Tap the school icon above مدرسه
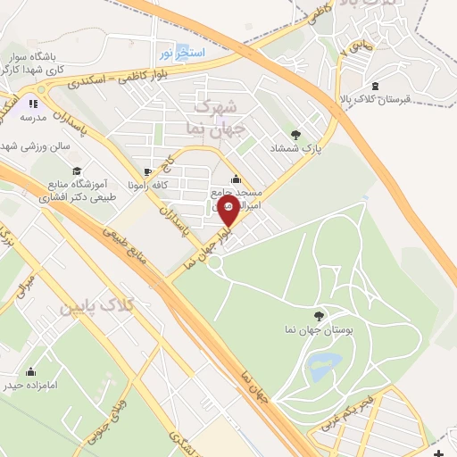tap(39, 91)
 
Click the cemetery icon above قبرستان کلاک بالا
tap(375, 86)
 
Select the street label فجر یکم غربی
tap(383, 404)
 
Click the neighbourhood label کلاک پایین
tap(95, 308)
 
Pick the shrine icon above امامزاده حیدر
tap(32, 371)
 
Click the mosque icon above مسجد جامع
tap(235, 177)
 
